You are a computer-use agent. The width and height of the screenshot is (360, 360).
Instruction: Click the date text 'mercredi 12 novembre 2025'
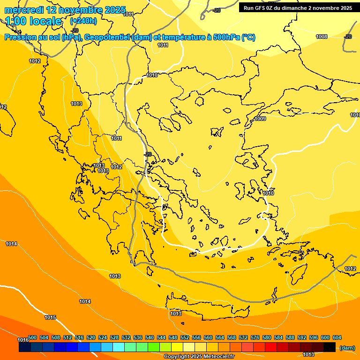[x=65, y=10]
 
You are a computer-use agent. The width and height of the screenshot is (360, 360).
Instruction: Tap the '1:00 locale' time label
[x=33, y=21]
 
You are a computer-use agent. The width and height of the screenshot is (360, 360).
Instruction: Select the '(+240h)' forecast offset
[x=83, y=21]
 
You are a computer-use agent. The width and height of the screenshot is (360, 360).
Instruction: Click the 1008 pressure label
[x=322, y=37]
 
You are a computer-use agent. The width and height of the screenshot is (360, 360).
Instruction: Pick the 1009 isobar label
[x=261, y=119]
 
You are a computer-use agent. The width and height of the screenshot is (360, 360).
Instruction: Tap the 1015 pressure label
[x=50, y=317]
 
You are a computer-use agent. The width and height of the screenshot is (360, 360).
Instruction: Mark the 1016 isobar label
[x=23, y=340]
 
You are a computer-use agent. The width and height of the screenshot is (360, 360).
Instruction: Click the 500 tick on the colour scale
[x=32, y=337]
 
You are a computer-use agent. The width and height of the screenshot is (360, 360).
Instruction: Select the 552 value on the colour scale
[x=185, y=337]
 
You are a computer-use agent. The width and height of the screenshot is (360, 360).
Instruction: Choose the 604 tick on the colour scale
[x=337, y=337]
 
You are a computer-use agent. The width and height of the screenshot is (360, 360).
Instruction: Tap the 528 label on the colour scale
[x=114, y=337]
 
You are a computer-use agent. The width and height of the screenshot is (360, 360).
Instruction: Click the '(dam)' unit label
[x=347, y=348]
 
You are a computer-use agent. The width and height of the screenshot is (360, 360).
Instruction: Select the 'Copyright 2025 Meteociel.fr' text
[x=199, y=357]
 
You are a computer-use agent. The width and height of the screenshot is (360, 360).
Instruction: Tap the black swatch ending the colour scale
[x=330, y=347]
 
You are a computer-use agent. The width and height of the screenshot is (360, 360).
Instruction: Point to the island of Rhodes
[x=297, y=274]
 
